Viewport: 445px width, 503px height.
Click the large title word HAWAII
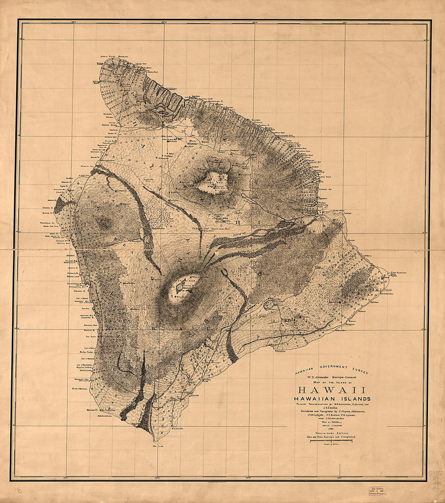[x=332, y=390]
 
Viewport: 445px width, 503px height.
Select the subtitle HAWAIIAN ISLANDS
[x=332, y=399]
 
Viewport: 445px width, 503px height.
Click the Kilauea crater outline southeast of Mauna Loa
[x=269, y=304]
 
